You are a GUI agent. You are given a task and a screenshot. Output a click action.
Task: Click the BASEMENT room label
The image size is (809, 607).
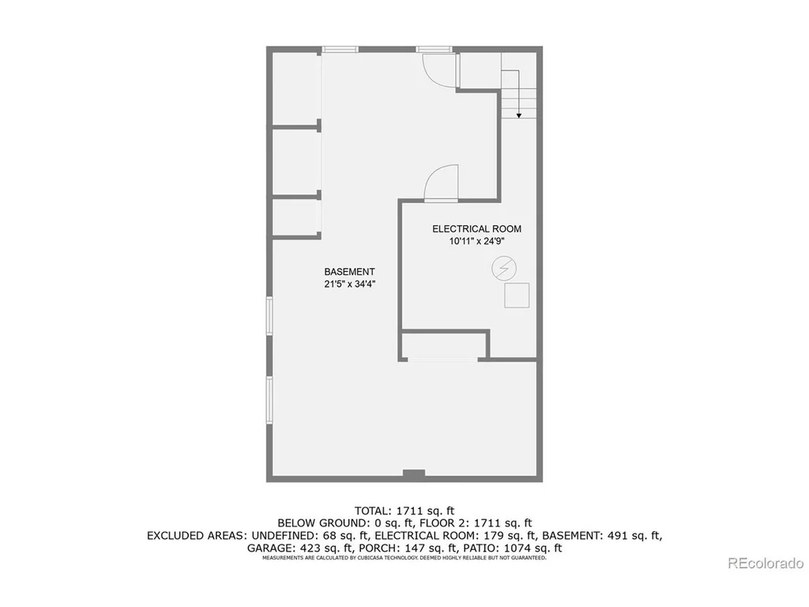tap(349, 272)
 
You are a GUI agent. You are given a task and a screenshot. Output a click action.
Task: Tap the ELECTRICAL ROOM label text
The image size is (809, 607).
tap(476, 228)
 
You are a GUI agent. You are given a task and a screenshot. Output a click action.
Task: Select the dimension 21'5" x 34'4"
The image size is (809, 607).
tap(349, 284)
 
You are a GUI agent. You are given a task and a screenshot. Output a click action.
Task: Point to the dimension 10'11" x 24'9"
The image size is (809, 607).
tap(476, 241)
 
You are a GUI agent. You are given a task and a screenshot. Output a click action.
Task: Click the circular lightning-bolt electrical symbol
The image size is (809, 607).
tap(504, 269)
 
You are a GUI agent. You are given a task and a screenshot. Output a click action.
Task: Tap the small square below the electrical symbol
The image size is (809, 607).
tap(517, 296)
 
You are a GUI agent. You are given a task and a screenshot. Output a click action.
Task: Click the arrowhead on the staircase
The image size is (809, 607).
tap(518, 115)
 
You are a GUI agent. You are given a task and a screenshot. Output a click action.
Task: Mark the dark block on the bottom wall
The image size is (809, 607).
tap(414, 473)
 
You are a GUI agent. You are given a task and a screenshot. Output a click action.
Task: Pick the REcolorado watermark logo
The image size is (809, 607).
tap(766, 563)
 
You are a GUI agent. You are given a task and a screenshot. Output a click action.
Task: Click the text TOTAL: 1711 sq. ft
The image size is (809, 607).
tap(404, 511)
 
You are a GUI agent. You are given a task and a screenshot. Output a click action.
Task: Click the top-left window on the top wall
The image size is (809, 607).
tap(340, 50)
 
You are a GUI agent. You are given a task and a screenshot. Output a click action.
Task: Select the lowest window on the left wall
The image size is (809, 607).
tap(269, 400)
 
